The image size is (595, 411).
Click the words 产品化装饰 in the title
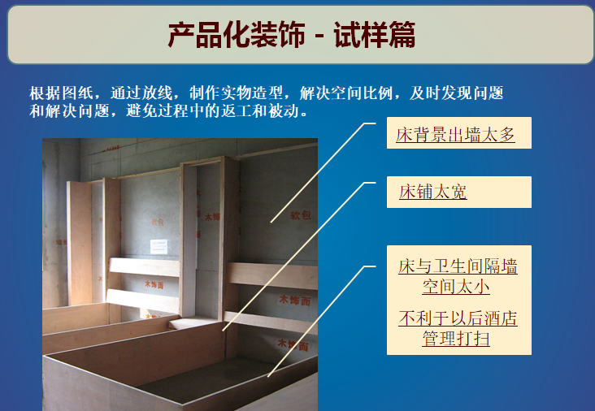[237, 36]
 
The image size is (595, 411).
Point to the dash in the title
[319, 37]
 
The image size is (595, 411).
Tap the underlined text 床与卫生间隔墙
[458, 266]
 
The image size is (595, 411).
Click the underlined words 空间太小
[456, 286]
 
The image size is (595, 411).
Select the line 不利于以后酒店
[458, 318]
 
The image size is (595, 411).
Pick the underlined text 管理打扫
[456, 338]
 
